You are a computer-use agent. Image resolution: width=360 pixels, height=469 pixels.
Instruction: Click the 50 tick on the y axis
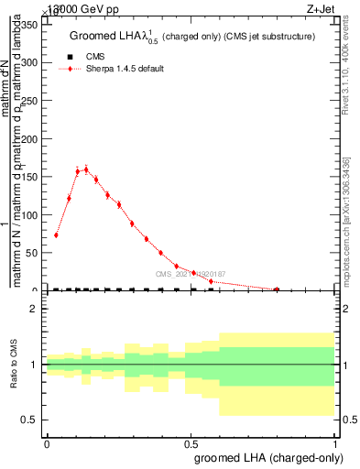click(x=34, y=253)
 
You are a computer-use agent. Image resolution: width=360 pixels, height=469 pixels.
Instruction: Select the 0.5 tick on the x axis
click(x=191, y=443)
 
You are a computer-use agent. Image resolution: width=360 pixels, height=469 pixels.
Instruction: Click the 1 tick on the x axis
click(x=337, y=443)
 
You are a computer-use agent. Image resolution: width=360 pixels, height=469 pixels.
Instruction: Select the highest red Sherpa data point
click(x=86, y=169)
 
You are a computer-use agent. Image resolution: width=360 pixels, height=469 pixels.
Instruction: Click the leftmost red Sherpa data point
click(x=56, y=234)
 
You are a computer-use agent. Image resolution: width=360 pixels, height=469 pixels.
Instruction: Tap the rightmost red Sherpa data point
click(x=277, y=289)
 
